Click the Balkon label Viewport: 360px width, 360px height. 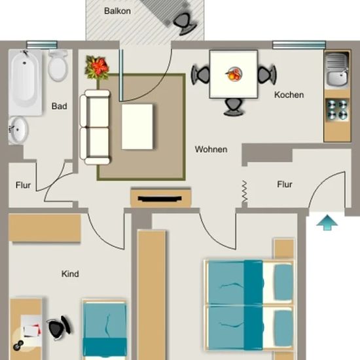[117, 10]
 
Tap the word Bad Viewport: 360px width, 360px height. [59, 106]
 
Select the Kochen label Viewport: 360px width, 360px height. [289, 95]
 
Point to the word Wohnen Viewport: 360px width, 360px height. [211, 149]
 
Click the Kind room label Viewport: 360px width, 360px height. [70, 274]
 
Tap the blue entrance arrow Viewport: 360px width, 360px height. [327, 223]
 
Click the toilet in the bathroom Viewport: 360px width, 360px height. [58, 65]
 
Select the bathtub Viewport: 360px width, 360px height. [26, 82]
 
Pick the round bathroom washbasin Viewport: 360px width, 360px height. [18, 130]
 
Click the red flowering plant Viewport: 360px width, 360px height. [97, 67]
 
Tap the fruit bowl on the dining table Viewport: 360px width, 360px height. [234, 74]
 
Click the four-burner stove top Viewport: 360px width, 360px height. [337, 110]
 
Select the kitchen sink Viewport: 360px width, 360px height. [337, 69]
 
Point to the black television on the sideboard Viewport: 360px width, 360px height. [160, 198]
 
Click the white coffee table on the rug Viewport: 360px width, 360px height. [137, 127]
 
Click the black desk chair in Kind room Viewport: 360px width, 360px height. [59, 327]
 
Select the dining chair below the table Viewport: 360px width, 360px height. [234, 107]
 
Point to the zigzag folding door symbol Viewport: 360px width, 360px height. [244, 192]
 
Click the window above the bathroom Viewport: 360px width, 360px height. [41, 45]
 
